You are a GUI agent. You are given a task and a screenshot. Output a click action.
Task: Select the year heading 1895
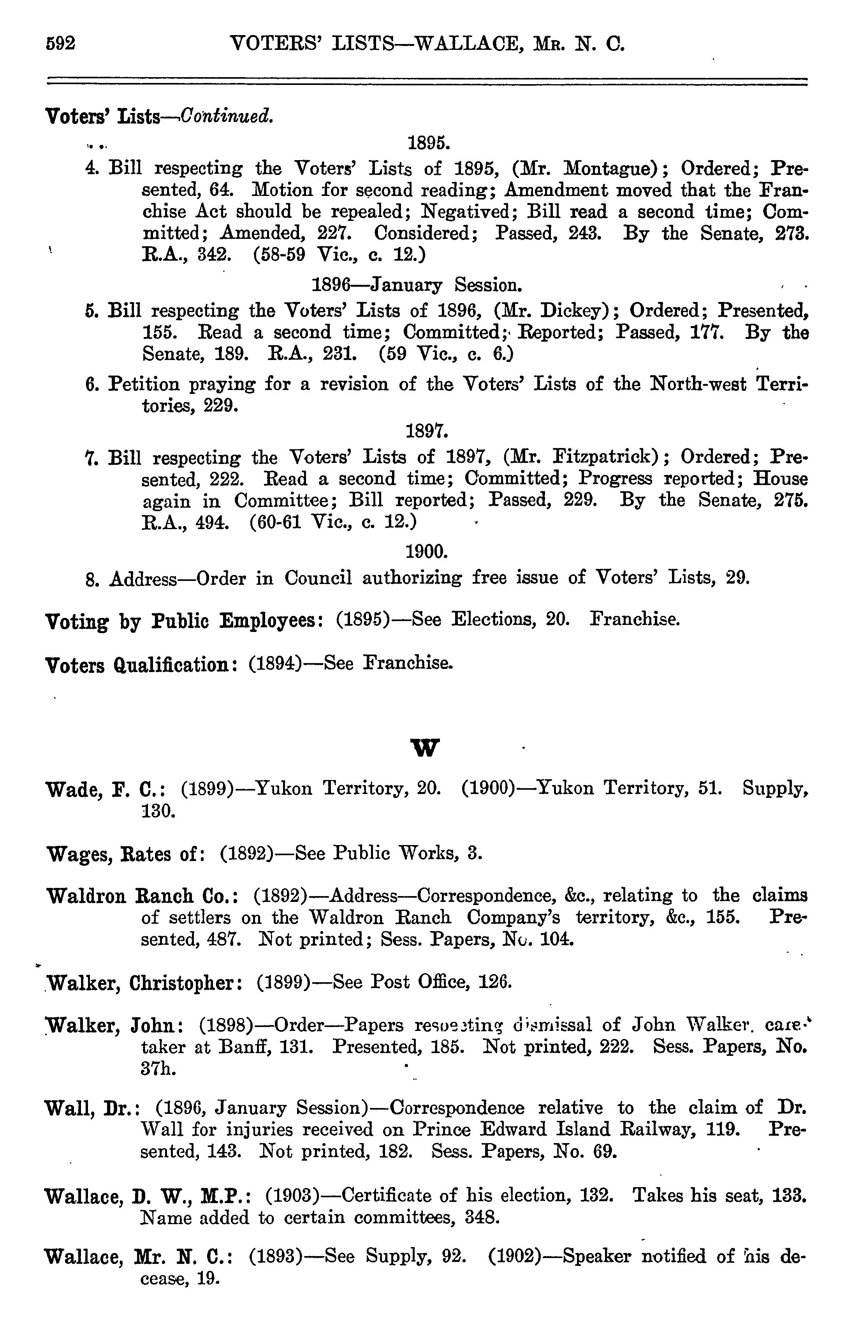(x=429, y=143)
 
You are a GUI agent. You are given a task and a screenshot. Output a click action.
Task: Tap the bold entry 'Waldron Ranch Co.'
(x=142, y=895)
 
